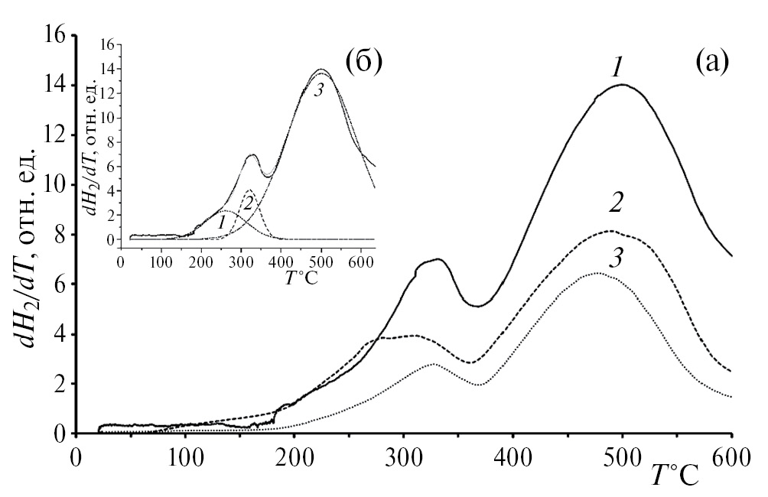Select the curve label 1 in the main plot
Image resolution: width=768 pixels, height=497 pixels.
coord(617,67)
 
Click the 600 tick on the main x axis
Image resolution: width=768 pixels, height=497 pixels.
coord(733,462)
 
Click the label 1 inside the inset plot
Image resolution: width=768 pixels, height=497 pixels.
coord(221,223)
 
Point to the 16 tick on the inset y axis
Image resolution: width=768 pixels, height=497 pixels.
coord(106,45)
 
